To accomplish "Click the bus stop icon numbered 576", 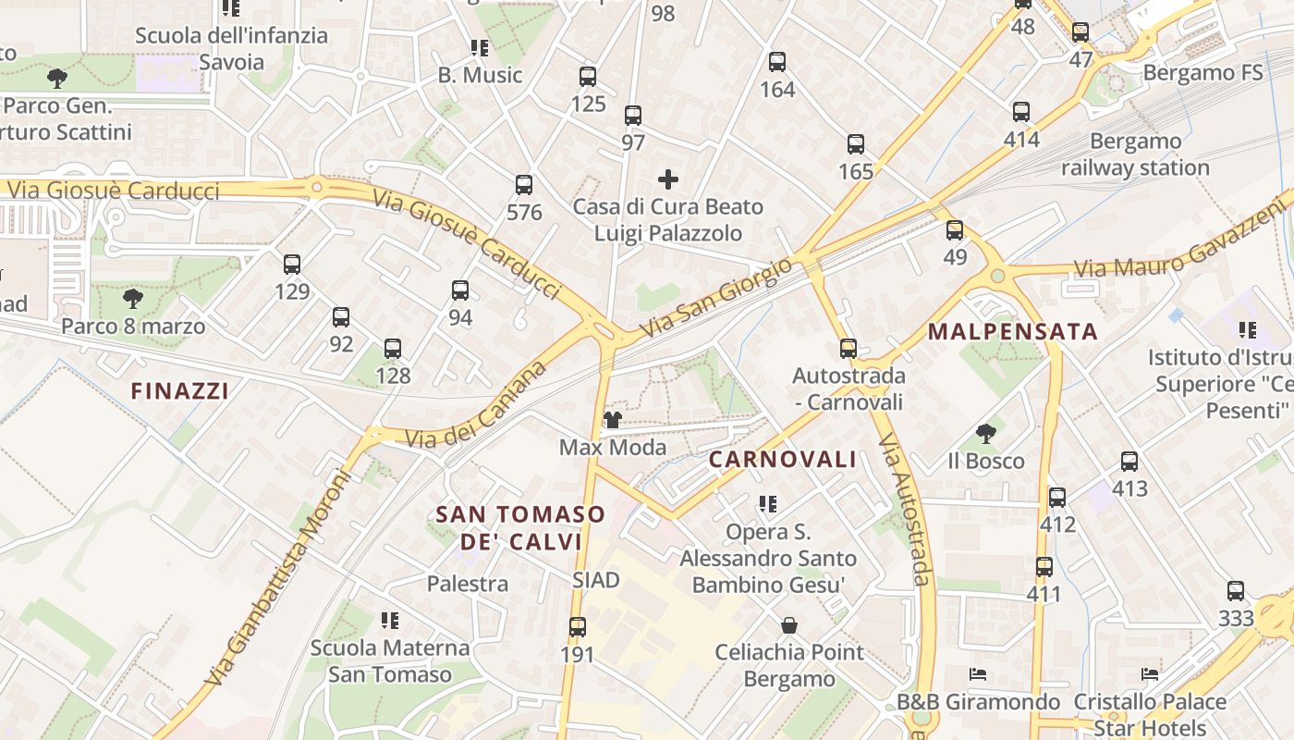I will point(524,185).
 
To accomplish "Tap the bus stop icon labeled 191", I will point(578,627).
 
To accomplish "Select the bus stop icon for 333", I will point(1236,591).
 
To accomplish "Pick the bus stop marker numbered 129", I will point(292,265).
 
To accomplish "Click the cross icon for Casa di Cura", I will point(667,179).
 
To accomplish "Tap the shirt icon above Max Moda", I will point(612,421).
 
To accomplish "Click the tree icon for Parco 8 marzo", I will point(133,299).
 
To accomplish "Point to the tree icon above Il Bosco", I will point(986,434).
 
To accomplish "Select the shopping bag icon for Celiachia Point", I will point(789,625).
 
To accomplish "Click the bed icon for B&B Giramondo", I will point(978,674).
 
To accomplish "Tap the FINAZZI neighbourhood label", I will point(179,391).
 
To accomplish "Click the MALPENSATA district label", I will point(1013,331).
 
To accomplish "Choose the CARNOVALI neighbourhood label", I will point(783,460).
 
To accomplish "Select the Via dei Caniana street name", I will point(477,408).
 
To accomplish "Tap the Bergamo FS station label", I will point(1202,72).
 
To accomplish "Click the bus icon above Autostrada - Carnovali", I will point(848,349).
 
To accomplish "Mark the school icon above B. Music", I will point(479,48).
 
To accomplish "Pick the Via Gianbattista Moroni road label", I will point(277,578).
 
